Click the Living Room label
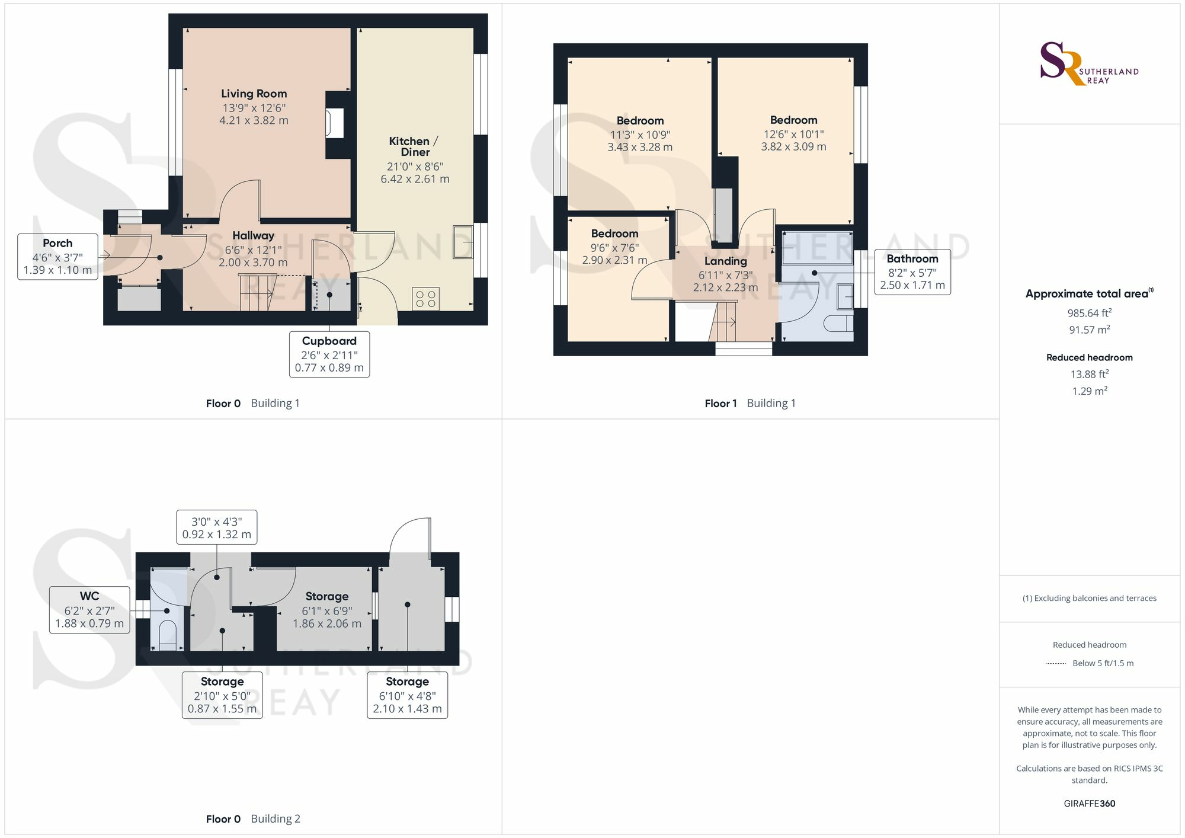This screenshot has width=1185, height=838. tap(254, 94)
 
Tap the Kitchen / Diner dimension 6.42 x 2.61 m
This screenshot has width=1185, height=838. tap(415, 179)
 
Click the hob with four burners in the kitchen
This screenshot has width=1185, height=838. tap(425, 298)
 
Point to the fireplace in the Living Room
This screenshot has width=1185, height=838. tap(335, 124)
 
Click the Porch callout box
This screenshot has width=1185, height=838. tap(57, 257)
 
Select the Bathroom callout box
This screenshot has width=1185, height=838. tap(912, 272)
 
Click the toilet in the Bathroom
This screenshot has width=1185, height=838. tap(839, 324)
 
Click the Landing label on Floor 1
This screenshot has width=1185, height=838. tap(725, 261)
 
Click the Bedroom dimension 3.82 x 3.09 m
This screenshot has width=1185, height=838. tap(793, 147)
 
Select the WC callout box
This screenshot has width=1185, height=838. tap(89, 610)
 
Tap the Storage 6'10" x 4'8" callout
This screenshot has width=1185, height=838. tap(407, 695)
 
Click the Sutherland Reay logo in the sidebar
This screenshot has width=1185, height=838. tap(1088, 64)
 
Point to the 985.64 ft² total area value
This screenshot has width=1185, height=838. tap(1089, 313)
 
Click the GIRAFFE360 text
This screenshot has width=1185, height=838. tap(1089, 804)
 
